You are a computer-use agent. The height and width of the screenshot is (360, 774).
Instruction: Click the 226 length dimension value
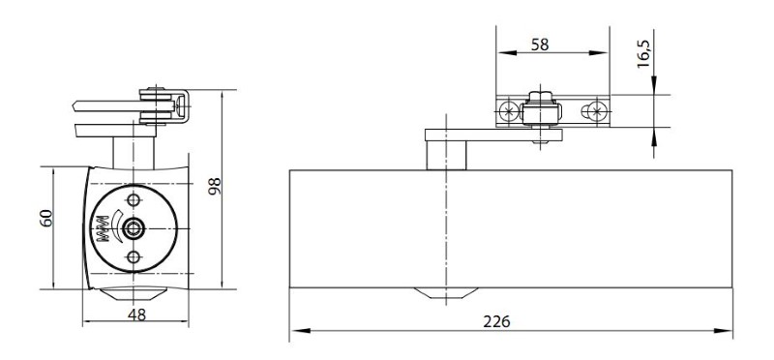(x=496, y=322)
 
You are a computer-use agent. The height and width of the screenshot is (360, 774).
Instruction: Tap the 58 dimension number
(x=540, y=45)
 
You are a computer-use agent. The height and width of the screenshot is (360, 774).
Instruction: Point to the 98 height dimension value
(x=215, y=186)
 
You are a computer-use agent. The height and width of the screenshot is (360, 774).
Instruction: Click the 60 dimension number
(x=45, y=218)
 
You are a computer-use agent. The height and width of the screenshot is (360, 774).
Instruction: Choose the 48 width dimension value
(x=136, y=315)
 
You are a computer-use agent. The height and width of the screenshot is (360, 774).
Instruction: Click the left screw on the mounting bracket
(x=507, y=111)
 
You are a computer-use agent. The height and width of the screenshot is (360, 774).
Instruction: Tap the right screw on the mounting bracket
(x=597, y=111)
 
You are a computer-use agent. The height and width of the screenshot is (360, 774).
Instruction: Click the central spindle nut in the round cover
(x=133, y=228)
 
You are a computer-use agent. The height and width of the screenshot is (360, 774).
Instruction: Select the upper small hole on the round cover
(x=133, y=200)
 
